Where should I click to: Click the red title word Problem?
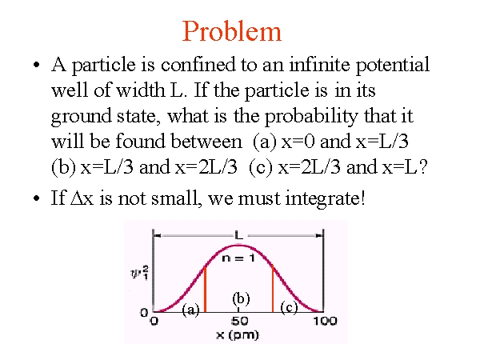click(x=232, y=31)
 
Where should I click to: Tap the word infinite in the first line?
click(x=319, y=64)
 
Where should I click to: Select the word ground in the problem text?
click(x=82, y=117)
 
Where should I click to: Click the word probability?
click(x=311, y=116)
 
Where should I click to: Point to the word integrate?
click(x=325, y=198)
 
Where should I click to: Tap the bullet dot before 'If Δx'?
click(x=37, y=198)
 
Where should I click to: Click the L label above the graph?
click(x=238, y=235)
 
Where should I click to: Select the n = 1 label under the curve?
click(x=238, y=258)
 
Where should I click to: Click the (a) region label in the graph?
click(x=190, y=310)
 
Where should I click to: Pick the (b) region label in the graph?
click(x=241, y=298)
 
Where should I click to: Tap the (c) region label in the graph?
click(x=289, y=308)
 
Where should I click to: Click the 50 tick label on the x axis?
click(x=239, y=321)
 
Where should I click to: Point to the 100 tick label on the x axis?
click(x=325, y=321)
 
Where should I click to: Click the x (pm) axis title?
click(x=238, y=335)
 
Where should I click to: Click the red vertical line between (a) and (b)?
click(x=205, y=290)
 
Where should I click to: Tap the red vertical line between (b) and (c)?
click(x=273, y=288)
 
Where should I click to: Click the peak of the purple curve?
click(x=238, y=246)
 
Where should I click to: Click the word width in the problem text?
click(x=141, y=90)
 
